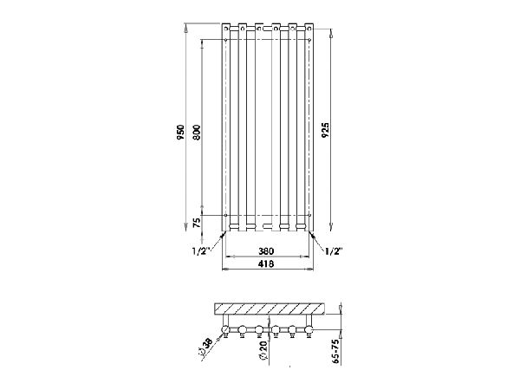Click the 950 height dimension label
click(x=181, y=132)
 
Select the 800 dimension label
click(x=197, y=132)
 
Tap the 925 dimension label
click(x=327, y=130)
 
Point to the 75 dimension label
click(x=197, y=223)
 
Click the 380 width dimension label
click(x=266, y=251)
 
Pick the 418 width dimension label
click(x=266, y=264)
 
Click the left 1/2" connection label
click(x=201, y=251)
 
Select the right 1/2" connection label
click(x=333, y=251)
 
